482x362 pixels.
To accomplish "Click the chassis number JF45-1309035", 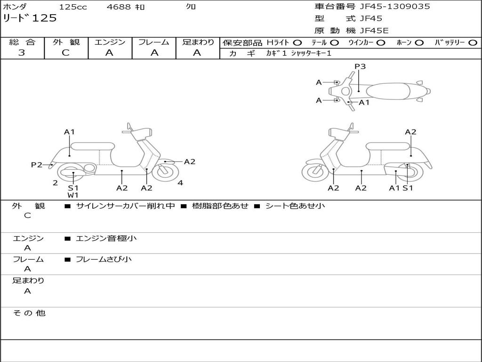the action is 395,7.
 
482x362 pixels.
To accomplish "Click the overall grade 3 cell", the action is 22,53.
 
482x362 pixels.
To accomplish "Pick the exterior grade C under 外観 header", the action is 66,53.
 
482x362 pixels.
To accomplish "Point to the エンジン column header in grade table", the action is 110,42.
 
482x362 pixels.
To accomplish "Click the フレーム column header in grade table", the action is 153,42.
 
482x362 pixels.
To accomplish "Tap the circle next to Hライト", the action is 297,42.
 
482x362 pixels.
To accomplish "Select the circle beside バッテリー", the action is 473,42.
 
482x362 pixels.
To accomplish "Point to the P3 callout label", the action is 360,66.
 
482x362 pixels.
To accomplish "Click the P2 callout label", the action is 36,165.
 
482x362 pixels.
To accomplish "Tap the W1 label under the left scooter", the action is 73,195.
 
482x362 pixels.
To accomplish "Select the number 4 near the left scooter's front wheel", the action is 180,183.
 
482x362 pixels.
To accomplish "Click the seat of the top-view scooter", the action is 388,90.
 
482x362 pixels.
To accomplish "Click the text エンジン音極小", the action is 106,239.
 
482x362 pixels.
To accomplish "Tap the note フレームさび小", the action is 104,259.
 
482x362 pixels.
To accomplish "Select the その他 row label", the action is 29,313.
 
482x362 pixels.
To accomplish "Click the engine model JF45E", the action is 374,31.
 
